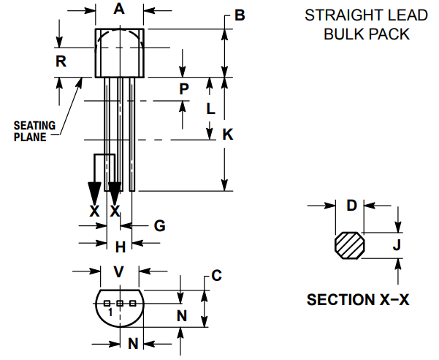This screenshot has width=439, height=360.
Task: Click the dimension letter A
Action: pyautogui.click(x=120, y=10)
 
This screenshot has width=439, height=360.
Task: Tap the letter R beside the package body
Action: pyautogui.click(x=62, y=61)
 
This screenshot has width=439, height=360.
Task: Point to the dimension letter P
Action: pyautogui.click(x=184, y=89)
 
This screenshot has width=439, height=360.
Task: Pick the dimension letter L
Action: pyautogui.click(x=210, y=110)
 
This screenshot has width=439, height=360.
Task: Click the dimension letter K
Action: pyautogui.click(x=228, y=134)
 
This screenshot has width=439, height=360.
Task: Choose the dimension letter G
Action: pyautogui.click(x=159, y=226)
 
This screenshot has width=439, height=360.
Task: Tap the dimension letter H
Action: pyautogui.click(x=121, y=246)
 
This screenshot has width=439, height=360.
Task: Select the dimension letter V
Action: pyautogui.click(x=120, y=271)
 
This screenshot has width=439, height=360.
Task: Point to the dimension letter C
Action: pyautogui.click(x=216, y=275)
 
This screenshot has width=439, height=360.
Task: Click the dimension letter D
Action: pyautogui.click(x=351, y=205)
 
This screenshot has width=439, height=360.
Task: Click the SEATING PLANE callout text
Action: pyautogui.click(x=35, y=130)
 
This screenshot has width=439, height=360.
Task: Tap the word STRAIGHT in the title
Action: pyautogui.click(x=332, y=15)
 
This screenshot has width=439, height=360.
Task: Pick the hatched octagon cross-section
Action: pyautogui.click(x=349, y=246)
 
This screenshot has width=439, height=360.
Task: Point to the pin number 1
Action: pyautogui.click(x=110, y=312)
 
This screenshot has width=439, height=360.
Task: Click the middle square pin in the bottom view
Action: pyautogui.click(x=120, y=302)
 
